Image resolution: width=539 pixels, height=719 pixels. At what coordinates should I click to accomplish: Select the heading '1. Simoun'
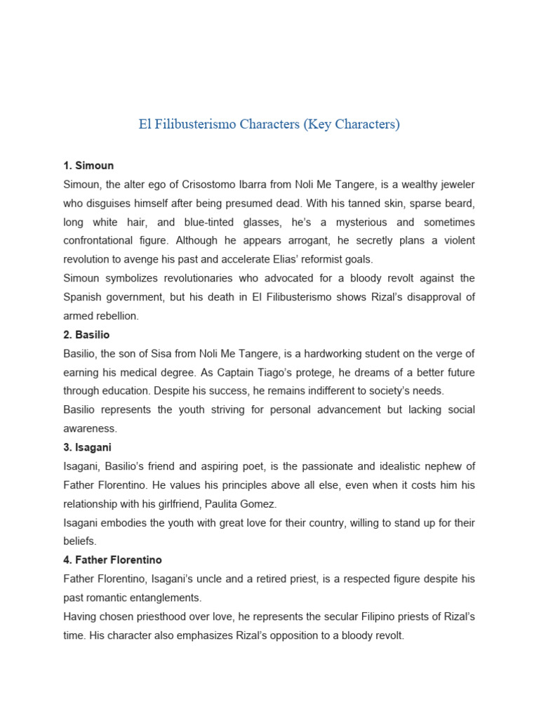pos(88,166)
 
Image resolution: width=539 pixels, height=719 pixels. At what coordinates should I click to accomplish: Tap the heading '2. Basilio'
pos(86,335)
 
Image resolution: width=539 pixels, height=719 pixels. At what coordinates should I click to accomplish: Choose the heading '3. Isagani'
pos(87,447)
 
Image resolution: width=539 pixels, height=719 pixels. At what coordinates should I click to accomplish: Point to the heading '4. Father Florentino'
pos(112,560)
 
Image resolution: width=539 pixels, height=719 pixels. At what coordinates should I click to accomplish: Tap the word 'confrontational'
pos(100,241)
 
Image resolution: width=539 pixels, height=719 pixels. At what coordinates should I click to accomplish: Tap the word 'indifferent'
pos(297,391)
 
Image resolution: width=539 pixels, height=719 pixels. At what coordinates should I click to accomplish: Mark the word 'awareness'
pos(90,428)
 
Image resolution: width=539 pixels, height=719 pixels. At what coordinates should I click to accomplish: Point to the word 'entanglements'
pos(167,598)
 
